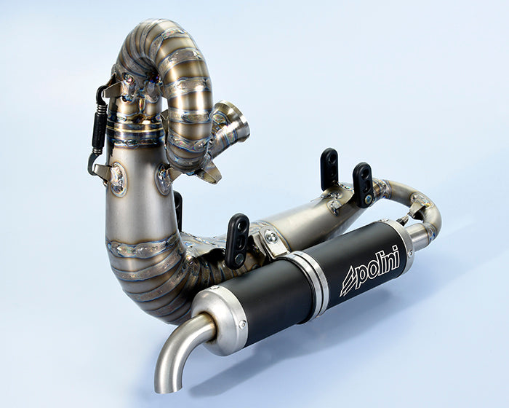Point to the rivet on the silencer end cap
coord(242,323)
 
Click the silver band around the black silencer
coord(310,280)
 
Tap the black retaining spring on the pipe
coord(99,130)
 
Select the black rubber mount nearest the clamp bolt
coord(239,240)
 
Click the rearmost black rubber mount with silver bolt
coord(363,184)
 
